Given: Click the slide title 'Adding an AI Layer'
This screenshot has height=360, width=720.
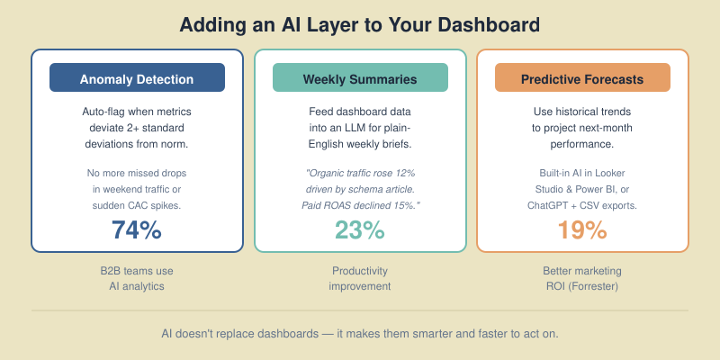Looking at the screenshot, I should pyautogui.click(x=360, y=24).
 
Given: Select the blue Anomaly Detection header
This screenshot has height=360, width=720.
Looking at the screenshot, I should pyautogui.click(x=137, y=78).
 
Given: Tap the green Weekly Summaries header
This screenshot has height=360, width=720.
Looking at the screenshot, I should pyautogui.click(x=360, y=78).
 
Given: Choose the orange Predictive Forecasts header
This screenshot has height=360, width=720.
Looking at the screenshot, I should pyautogui.click(x=582, y=78).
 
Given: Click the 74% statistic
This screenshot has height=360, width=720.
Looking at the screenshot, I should pyautogui.click(x=137, y=230).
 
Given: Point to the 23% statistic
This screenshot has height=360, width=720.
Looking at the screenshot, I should pyautogui.click(x=360, y=230).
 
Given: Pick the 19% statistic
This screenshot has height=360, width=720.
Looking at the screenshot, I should pyautogui.click(x=582, y=230).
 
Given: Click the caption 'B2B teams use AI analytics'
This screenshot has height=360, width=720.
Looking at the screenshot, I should pyautogui.click(x=137, y=278).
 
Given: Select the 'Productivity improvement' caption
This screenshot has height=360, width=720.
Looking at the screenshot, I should pyautogui.click(x=360, y=278).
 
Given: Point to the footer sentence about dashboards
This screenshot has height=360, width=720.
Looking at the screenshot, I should pyautogui.click(x=360, y=333).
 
